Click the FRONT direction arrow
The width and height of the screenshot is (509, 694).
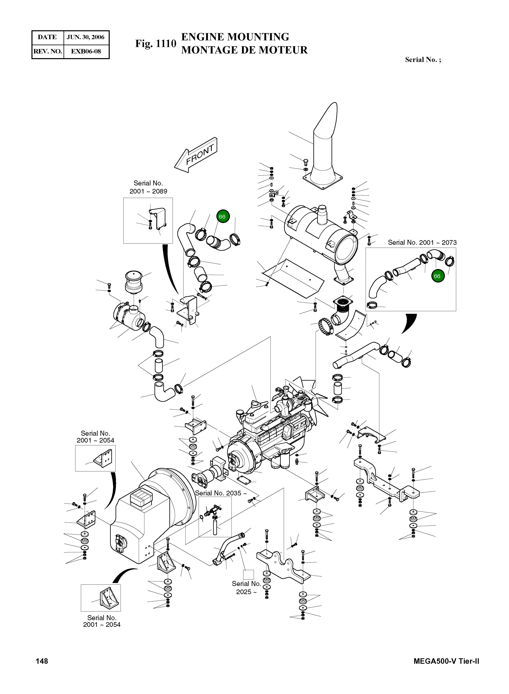196,155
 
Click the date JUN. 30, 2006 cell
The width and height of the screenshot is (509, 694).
86,37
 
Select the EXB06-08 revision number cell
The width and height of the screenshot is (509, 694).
86,51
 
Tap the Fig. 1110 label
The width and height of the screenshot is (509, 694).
156,44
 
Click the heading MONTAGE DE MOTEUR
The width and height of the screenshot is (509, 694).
244,50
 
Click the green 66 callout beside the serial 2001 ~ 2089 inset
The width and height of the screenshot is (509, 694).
222,217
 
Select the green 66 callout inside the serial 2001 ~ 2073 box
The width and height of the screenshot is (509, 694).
437,276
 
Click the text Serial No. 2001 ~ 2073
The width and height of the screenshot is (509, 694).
422,243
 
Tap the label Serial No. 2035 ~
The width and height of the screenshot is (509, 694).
221,493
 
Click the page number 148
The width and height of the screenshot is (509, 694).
42,661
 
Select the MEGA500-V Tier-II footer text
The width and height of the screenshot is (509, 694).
446,661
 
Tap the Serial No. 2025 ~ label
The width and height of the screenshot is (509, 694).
246,588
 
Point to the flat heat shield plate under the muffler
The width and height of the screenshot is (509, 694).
293,277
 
